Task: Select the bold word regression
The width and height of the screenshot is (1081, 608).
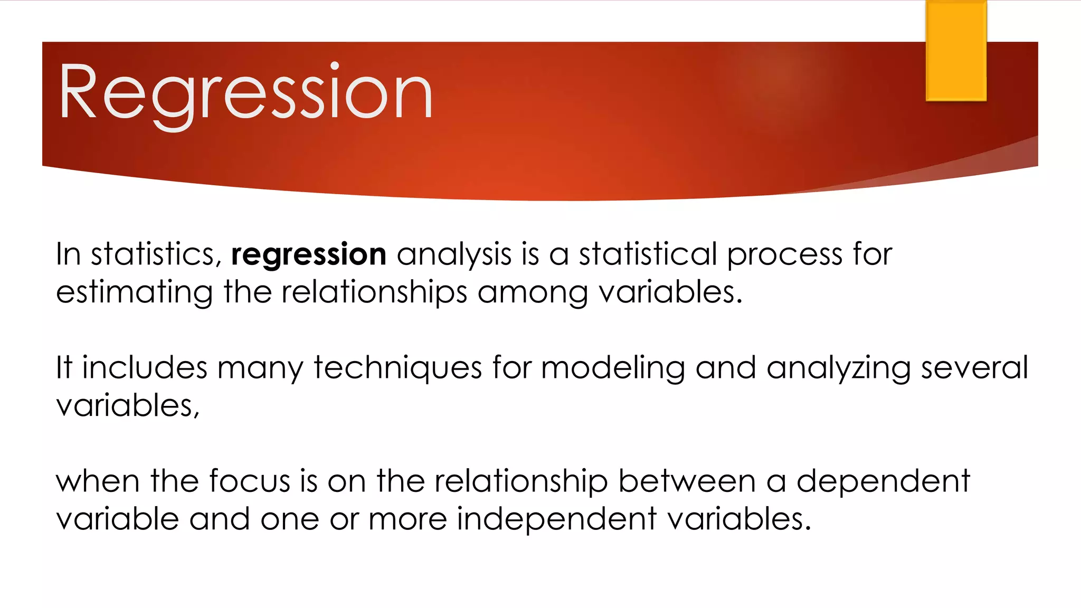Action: (x=309, y=255)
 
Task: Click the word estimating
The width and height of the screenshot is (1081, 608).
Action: (x=135, y=293)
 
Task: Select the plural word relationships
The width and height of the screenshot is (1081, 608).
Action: (x=374, y=293)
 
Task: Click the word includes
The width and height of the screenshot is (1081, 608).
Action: (x=145, y=368)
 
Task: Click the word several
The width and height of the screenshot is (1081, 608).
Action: (x=974, y=368)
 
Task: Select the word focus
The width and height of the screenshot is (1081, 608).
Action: (x=249, y=481)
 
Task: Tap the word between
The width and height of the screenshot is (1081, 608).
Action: (x=687, y=481)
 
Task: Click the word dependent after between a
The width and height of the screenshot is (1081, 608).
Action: (x=883, y=481)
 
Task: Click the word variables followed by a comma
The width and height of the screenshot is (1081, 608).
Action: (x=127, y=406)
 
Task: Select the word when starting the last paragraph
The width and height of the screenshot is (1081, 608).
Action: (x=98, y=481)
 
